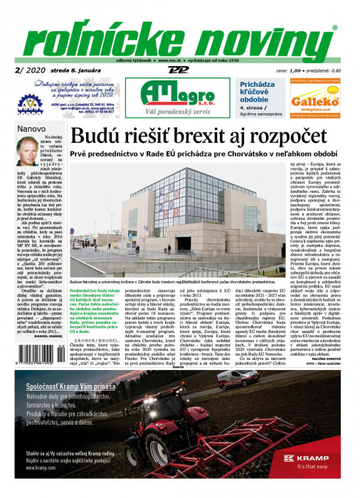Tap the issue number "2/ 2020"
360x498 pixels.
(x=28, y=70)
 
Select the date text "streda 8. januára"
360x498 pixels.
(x=80, y=71)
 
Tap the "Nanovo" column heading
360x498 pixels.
(x=31, y=129)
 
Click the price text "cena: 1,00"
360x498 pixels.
(x=280, y=71)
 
